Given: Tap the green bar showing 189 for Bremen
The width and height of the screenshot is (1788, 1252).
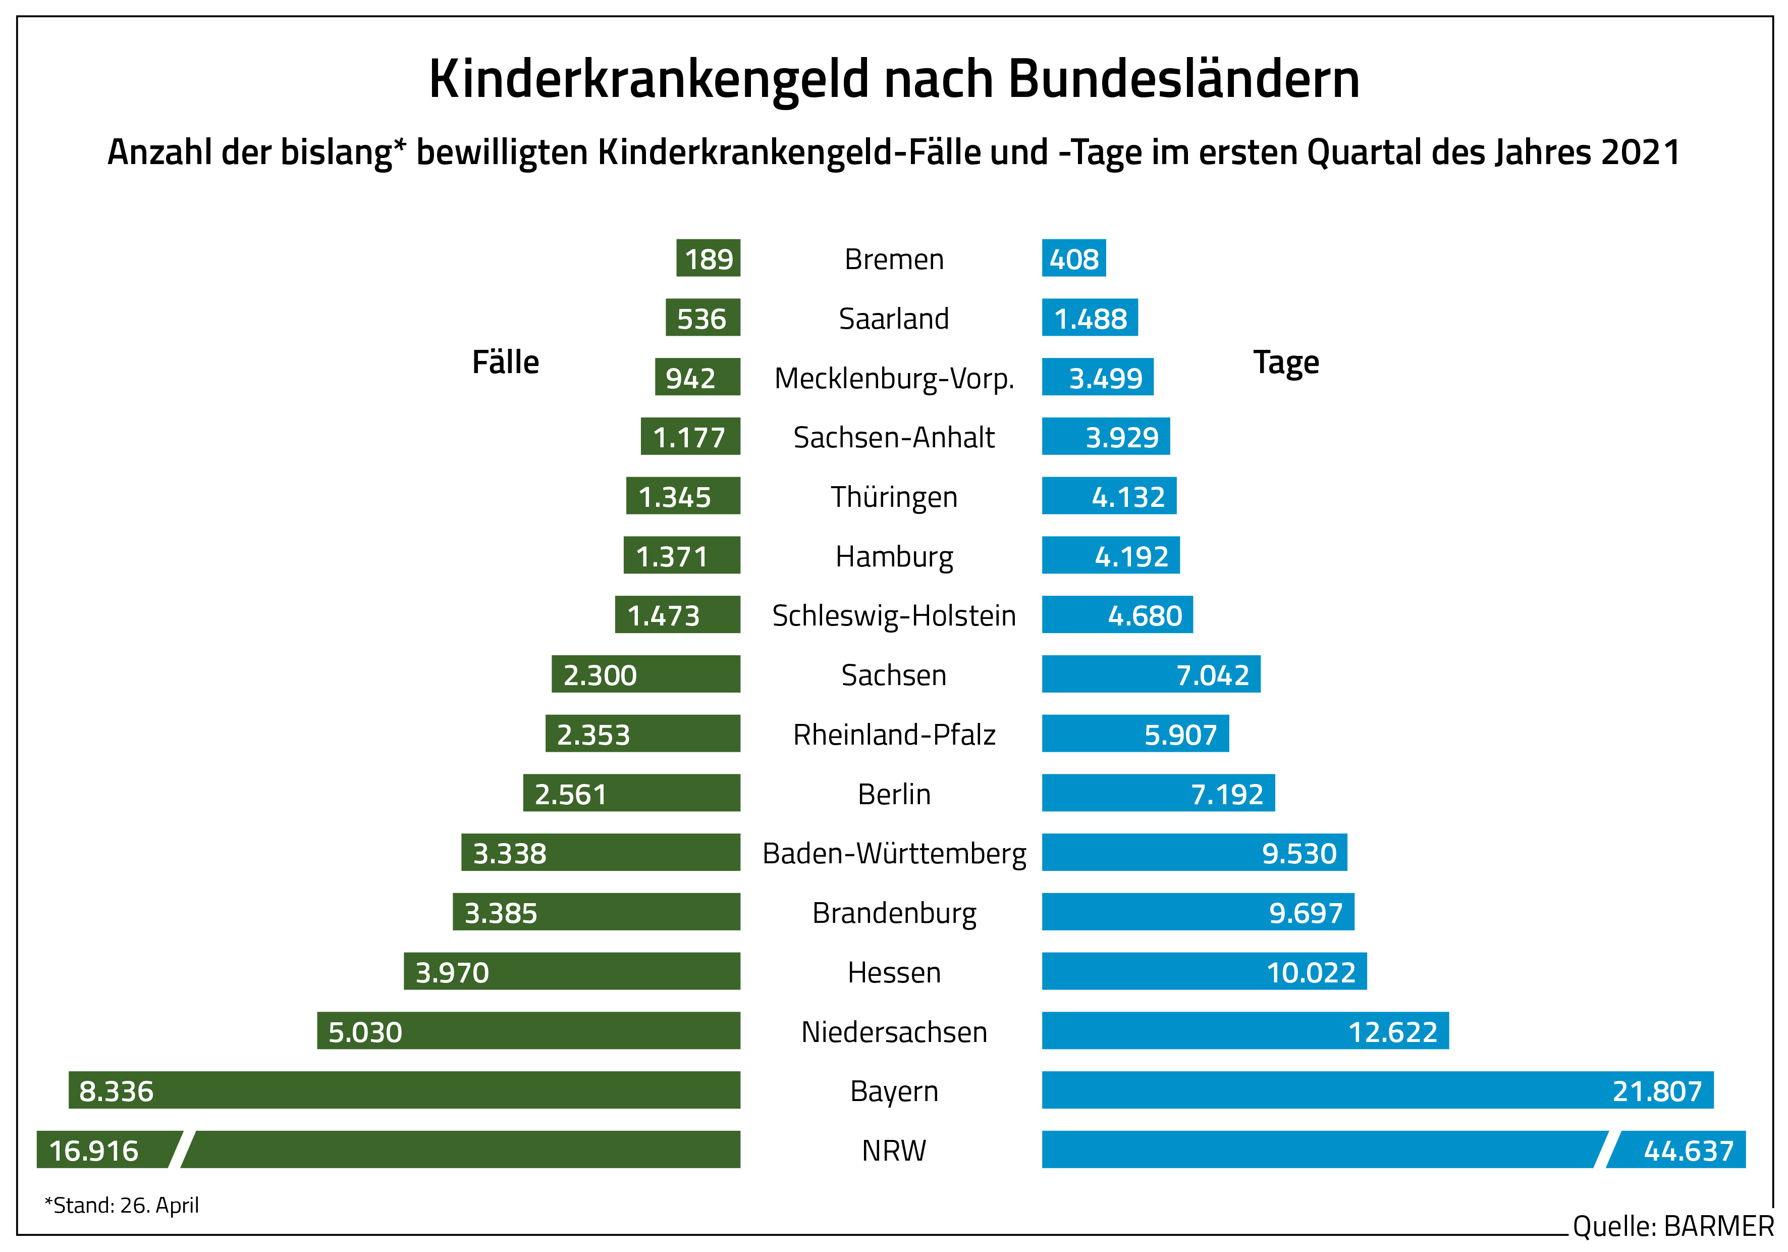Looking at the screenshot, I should (708, 258).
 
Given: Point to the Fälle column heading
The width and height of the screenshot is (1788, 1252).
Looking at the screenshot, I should (505, 362).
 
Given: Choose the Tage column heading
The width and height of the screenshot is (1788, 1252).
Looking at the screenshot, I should (1286, 362).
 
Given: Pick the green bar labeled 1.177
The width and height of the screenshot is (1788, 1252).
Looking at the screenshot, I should (690, 437).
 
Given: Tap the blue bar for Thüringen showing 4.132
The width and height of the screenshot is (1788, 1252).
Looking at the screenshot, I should (1109, 496).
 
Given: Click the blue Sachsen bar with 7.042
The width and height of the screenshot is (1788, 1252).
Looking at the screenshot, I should (1151, 674).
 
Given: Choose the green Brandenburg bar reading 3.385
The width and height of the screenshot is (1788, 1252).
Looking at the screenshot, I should (595, 912).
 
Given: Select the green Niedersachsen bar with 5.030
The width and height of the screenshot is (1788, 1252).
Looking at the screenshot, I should (528, 1031).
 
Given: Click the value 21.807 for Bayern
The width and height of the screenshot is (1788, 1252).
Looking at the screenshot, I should (1656, 1091).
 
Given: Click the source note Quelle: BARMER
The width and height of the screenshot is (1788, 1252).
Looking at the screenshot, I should (1672, 1226).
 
